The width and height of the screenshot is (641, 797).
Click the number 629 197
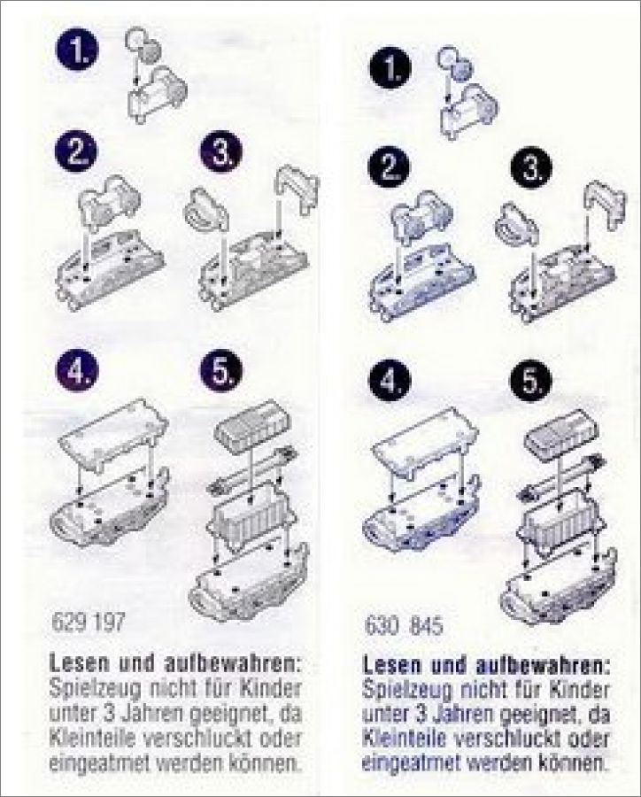88,622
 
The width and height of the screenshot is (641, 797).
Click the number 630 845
404,626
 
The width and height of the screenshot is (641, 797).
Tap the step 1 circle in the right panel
390,68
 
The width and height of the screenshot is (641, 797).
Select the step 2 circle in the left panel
76,152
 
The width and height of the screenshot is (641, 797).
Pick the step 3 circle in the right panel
530,167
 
